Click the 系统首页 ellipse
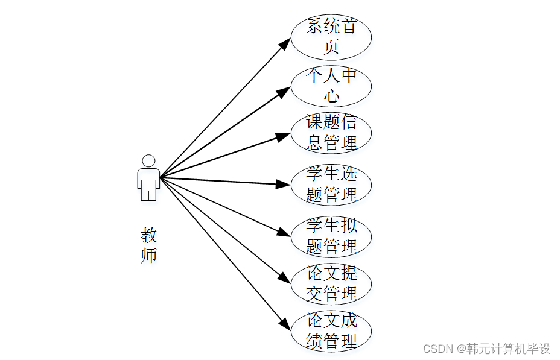pyautogui.click(x=331, y=37)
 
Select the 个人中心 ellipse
pyautogui.click(x=331, y=86)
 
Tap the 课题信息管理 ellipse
pyautogui.click(x=331, y=133)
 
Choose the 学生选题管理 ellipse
pyautogui.click(x=331, y=185)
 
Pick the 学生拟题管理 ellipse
pyautogui.click(x=331, y=236)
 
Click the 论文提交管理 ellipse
pyautogui.click(x=331, y=283)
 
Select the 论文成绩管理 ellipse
pyautogui.click(x=331, y=331)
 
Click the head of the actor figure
pyautogui.click(x=148, y=161)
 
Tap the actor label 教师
pyautogui.click(x=148, y=244)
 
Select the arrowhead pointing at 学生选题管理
pyautogui.click(x=283, y=184)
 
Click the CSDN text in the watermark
pyautogui.click(x=437, y=349)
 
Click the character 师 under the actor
pyautogui.click(x=148, y=254)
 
